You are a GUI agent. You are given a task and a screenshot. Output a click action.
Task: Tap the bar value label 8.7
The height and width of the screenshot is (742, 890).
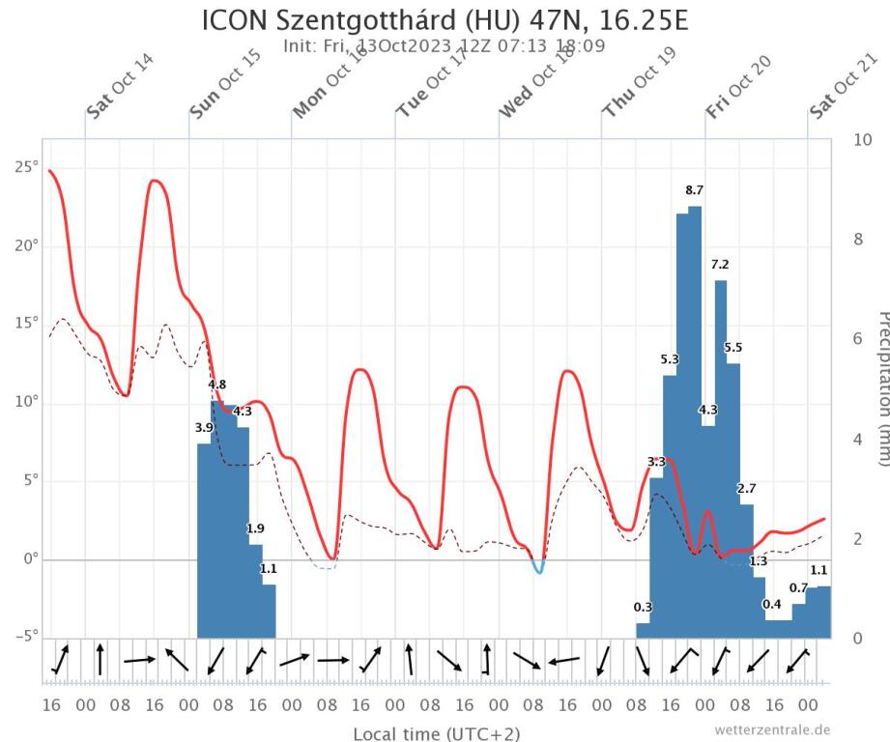pyautogui.click(x=694, y=190)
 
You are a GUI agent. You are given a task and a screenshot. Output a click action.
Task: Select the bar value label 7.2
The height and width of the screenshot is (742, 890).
pyautogui.click(x=720, y=264)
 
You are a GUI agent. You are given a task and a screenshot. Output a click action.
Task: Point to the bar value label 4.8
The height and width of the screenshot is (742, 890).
pyautogui.click(x=217, y=385)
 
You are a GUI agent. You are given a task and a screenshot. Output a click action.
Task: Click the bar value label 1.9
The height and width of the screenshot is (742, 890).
pyautogui.click(x=255, y=528)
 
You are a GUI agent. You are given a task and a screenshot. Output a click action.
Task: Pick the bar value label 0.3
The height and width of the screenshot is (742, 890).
pyautogui.click(x=643, y=607)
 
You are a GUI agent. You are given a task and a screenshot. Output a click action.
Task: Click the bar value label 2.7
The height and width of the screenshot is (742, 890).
pyautogui.click(x=746, y=488)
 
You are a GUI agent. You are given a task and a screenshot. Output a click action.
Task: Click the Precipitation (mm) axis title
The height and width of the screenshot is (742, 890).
pyautogui.click(x=880, y=386)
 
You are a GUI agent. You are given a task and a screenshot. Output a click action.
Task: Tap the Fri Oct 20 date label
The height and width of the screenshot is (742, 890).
pyautogui.click(x=739, y=86)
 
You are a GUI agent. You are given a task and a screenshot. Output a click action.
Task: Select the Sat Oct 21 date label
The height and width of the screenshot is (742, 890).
pyautogui.click(x=843, y=86)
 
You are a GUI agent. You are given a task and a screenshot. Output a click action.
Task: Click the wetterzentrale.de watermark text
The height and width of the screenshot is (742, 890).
pyautogui.click(x=772, y=729)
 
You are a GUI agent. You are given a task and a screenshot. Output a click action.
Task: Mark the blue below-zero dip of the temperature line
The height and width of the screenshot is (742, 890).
pyautogui.click(x=538, y=568)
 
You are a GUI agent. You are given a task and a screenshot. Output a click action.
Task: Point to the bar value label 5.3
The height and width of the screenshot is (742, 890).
pyautogui.click(x=670, y=360)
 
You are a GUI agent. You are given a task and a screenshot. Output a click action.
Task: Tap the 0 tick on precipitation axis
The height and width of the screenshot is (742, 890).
pyautogui.click(x=860, y=638)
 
